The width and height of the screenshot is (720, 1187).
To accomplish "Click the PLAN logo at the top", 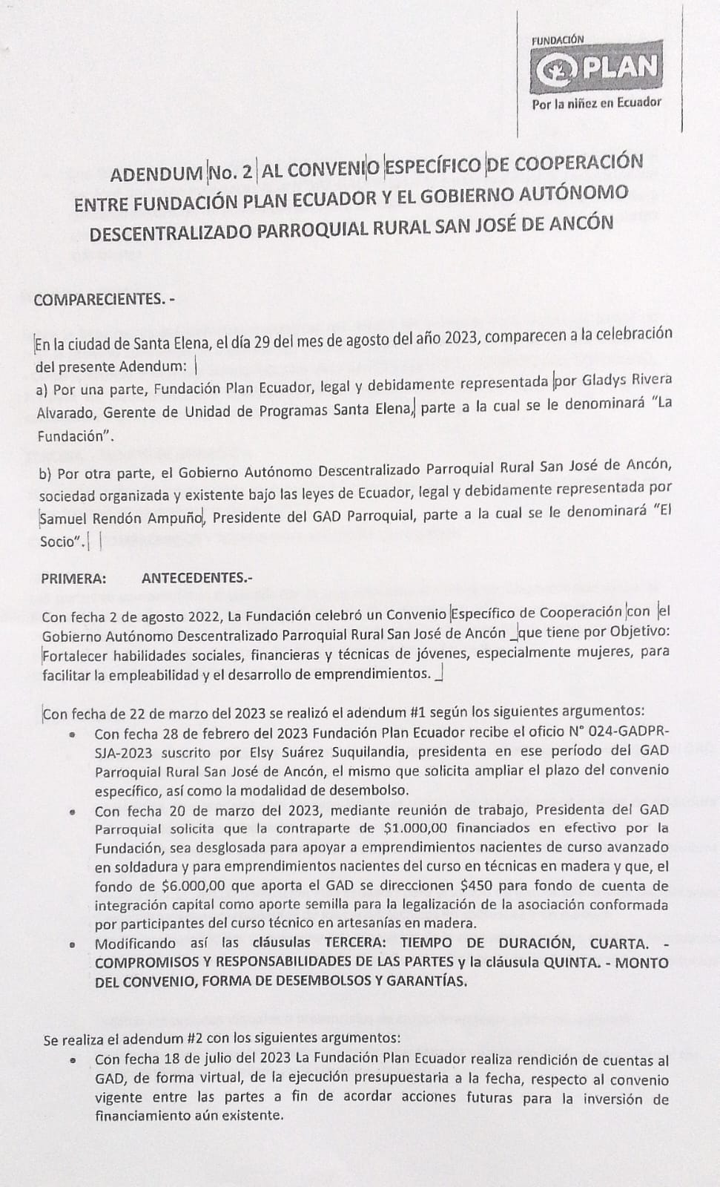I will click(596, 68).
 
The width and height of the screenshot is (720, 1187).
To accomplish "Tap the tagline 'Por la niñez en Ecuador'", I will click(596, 102).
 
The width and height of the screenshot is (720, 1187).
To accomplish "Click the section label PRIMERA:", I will click(73, 578).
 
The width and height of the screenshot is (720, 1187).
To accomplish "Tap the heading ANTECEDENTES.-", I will click(192, 578).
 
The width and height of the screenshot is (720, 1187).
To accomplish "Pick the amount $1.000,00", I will click(417, 827).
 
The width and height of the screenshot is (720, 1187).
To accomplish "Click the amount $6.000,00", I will click(194, 885).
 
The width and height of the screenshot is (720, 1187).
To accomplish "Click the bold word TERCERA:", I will click(359, 944).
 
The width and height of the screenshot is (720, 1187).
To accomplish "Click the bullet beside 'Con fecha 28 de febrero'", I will click(72, 735).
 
